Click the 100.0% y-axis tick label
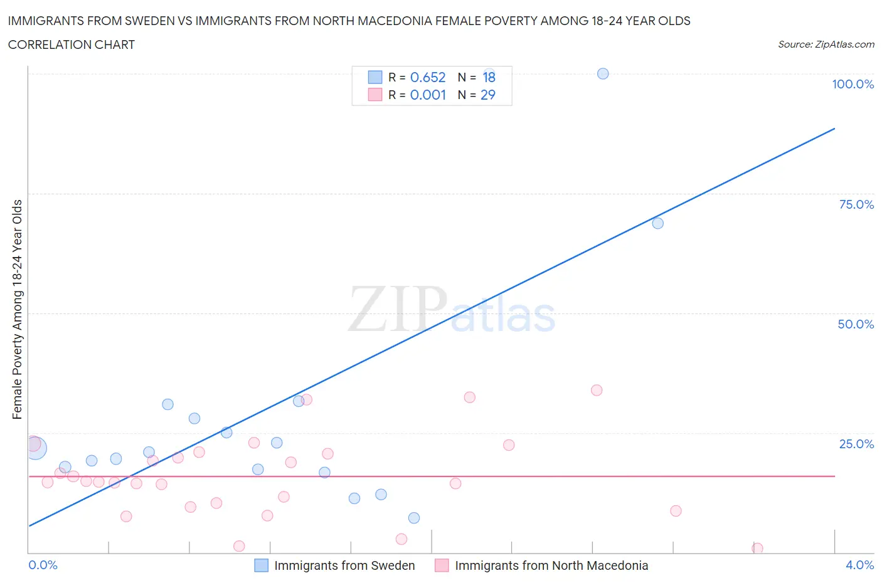[853, 84]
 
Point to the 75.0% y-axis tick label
[856, 204]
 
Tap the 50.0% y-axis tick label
[856, 324]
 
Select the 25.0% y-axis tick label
[856, 444]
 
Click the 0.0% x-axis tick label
[43, 565]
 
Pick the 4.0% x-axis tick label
[859, 565]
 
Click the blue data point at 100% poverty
[603, 74]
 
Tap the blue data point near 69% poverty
[657, 223]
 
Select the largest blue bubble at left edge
[35, 448]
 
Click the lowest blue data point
[414, 518]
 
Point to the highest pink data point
[597, 391]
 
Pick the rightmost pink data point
[757, 549]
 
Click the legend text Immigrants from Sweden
[344, 565]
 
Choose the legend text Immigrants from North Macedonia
[551, 565]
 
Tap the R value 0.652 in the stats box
[428, 77]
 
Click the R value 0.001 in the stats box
[428, 95]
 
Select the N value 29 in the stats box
[487, 95]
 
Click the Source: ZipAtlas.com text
[826, 45]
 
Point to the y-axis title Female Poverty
[17, 309]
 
